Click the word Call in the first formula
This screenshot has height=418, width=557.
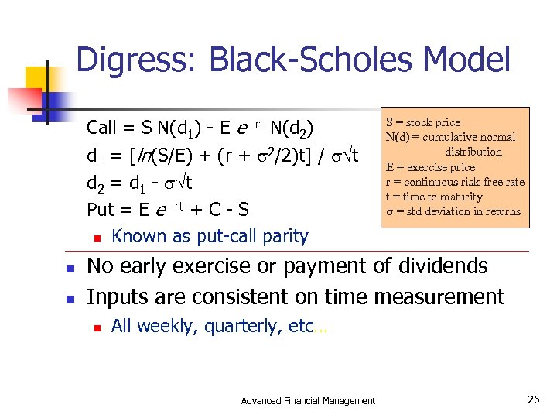point(102,127)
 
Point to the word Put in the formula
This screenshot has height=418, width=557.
point(100,210)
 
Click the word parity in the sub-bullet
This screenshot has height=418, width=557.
point(283,236)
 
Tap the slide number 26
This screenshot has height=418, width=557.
point(532,399)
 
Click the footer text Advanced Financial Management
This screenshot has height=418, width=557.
point(308,400)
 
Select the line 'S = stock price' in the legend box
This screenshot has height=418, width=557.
point(423,122)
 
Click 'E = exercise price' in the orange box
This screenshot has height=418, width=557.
point(430,167)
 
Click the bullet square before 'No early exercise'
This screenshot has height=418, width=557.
point(70,268)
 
